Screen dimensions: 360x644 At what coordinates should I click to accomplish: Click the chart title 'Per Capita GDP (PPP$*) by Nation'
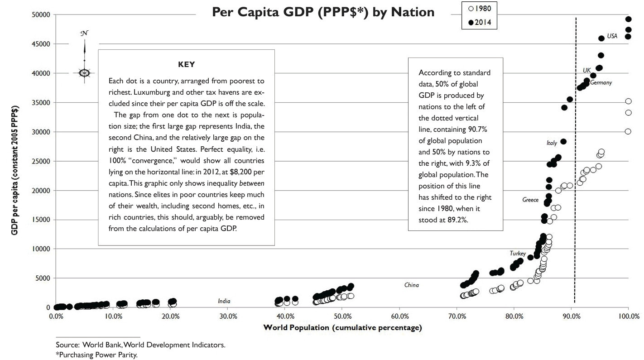(x=323, y=12)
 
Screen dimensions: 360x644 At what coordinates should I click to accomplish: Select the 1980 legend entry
(x=479, y=8)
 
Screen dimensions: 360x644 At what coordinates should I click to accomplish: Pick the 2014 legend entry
(x=479, y=22)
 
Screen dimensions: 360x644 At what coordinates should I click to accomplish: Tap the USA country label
(x=612, y=36)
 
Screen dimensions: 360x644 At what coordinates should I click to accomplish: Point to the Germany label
(x=601, y=83)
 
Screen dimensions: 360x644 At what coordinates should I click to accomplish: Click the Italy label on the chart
(x=552, y=143)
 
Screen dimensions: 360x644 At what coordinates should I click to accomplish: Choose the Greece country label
(x=530, y=200)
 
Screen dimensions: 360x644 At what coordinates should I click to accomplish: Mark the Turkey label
(x=518, y=253)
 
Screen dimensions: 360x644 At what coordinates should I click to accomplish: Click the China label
(x=412, y=285)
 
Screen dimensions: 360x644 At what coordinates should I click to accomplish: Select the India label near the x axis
(x=224, y=301)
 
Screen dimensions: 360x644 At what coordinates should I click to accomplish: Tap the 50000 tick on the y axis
(x=40, y=14)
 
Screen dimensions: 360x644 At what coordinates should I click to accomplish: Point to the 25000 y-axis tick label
(x=40, y=161)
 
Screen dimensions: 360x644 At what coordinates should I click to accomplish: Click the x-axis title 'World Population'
(x=342, y=327)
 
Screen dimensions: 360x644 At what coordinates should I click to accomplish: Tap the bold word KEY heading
(x=186, y=64)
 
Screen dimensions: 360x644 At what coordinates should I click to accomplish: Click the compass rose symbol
(x=84, y=72)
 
